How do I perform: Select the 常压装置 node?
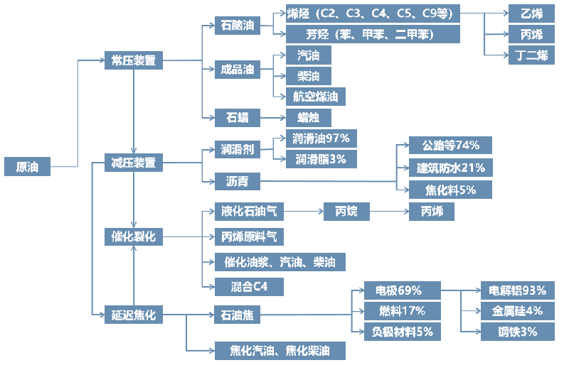(x=133, y=60)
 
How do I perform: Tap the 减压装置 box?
(x=133, y=163)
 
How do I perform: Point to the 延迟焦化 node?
(x=133, y=313)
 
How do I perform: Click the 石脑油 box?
(x=237, y=26)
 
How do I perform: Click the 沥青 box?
(x=237, y=180)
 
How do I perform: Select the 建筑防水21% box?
(x=450, y=168)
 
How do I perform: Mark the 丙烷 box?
(x=347, y=211)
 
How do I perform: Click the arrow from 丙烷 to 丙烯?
(x=389, y=211)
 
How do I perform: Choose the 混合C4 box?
(x=249, y=286)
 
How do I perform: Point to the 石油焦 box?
(x=237, y=313)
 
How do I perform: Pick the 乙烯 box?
(x=532, y=13)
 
